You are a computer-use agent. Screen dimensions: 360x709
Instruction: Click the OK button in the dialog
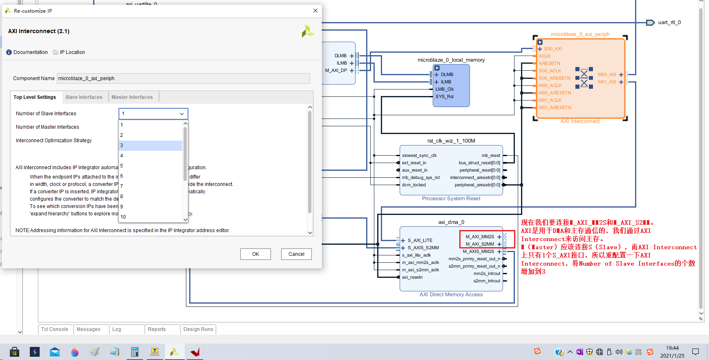(x=255, y=254)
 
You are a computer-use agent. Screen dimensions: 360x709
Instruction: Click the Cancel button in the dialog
(x=296, y=254)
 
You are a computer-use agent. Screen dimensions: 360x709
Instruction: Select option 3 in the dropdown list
(x=150, y=145)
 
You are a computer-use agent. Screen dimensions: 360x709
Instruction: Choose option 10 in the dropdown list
(x=150, y=217)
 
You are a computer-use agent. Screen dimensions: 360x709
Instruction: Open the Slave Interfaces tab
(x=84, y=97)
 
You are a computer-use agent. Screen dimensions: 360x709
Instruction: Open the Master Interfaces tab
(x=132, y=97)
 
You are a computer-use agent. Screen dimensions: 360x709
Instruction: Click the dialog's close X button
(x=315, y=11)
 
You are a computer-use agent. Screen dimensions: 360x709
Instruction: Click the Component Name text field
(x=183, y=78)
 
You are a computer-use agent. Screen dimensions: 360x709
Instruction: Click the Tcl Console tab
(x=55, y=329)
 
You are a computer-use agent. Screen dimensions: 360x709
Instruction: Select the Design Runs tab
(x=198, y=329)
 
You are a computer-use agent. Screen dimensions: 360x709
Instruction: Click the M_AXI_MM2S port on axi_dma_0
(x=480, y=237)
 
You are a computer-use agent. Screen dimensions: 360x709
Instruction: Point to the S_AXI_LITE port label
(x=420, y=241)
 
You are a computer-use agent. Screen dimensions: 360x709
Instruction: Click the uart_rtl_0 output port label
(x=669, y=22)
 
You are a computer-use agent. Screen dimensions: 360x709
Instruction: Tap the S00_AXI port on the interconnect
(x=552, y=49)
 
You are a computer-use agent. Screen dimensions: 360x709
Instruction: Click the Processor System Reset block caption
(x=451, y=199)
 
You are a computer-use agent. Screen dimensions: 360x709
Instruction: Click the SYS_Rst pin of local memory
(x=444, y=97)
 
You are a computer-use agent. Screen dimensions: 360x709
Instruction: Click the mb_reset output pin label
(x=490, y=156)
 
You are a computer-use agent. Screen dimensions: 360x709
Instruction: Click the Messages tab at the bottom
(x=88, y=329)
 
